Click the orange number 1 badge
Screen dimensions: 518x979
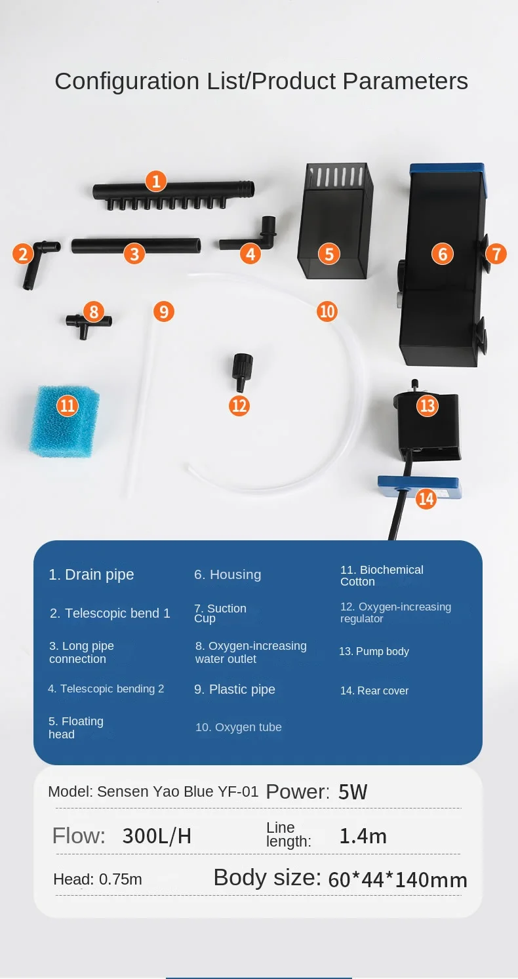coord(156,181)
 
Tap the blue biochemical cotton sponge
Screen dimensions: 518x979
coord(65,422)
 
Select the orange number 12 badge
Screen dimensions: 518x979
coord(239,406)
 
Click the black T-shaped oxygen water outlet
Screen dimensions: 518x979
coord(89,325)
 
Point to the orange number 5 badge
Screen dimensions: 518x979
coord(329,254)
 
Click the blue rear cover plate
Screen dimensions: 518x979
coord(418,487)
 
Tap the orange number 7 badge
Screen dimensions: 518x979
coord(496,254)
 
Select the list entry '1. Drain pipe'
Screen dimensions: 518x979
coord(91,574)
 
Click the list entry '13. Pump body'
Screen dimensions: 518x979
coord(374,651)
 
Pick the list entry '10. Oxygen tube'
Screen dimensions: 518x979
coord(239,727)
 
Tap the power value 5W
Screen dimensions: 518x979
coord(353,791)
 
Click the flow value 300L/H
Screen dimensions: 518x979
coord(157,835)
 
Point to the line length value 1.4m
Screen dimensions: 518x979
coord(363,835)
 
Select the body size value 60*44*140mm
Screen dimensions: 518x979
coord(398,879)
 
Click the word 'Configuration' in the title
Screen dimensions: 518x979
coord(127,82)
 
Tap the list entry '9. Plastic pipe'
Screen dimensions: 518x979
coord(235,689)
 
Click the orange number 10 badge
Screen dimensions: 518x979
coord(327,311)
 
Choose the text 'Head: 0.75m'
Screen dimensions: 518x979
coord(98,879)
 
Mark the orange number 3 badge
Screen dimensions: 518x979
coord(134,254)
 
